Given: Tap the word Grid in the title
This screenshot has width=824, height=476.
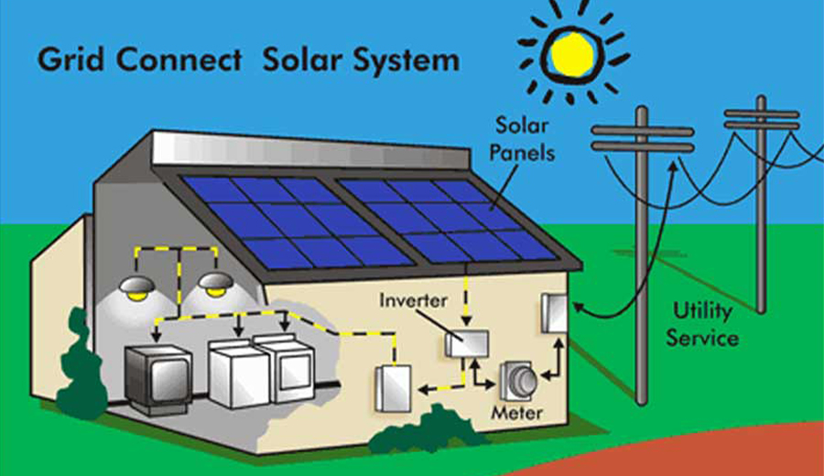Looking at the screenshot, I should click(x=67, y=60).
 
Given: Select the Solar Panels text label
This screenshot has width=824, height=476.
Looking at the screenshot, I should click(x=525, y=137).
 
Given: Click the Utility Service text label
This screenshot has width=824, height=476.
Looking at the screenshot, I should click(x=701, y=324).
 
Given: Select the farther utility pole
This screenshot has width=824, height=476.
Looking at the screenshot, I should click(x=760, y=201).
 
